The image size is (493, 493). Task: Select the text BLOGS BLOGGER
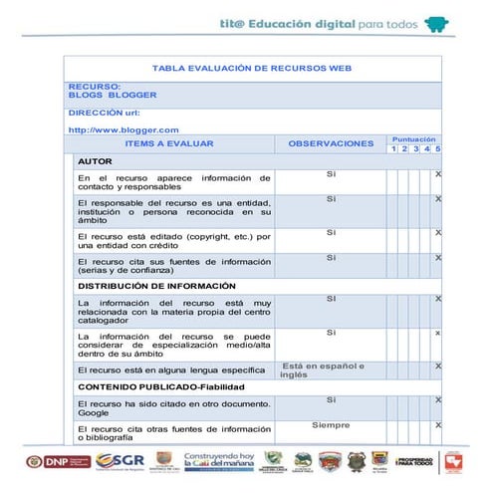(113, 96)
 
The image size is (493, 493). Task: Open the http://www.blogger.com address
(123, 130)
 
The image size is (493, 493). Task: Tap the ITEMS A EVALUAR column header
(169, 144)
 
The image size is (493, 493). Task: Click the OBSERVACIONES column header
(331, 144)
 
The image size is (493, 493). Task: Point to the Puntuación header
(413, 139)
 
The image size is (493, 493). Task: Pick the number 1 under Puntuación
(394, 149)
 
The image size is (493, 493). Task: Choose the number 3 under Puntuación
(415, 149)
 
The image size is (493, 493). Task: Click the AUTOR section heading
(95, 161)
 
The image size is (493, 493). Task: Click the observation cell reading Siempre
(330, 425)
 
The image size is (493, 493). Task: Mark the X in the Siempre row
(438, 426)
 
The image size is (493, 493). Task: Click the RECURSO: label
(95, 87)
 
